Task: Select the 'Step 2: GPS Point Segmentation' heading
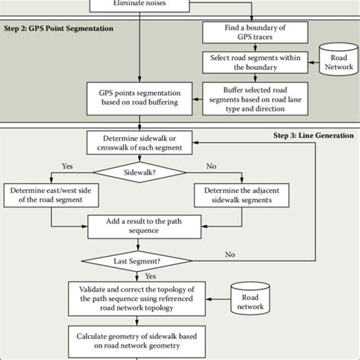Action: pos(59,28)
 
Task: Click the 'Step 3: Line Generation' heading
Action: pos(313,135)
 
